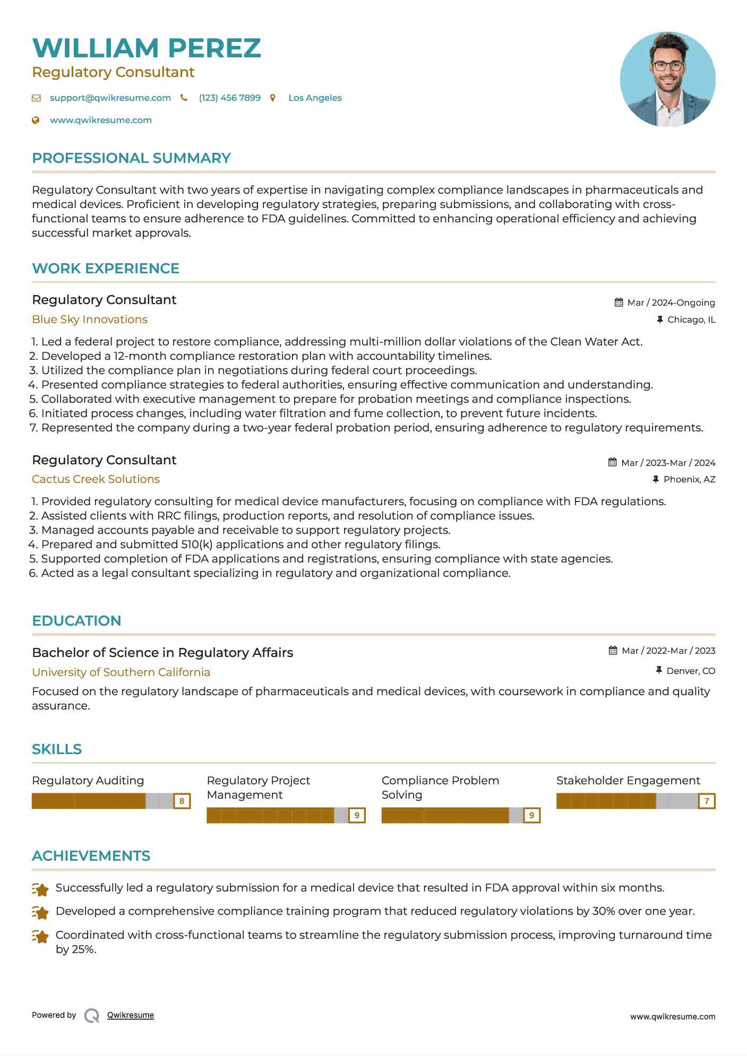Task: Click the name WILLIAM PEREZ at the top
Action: (147, 48)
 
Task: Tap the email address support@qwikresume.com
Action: (110, 98)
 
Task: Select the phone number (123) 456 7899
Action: (229, 98)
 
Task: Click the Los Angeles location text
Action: (315, 98)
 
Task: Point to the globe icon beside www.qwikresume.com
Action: (36, 120)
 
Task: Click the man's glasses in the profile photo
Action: (667, 66)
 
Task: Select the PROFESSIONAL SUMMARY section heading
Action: (131, 158)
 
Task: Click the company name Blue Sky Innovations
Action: (90, 319)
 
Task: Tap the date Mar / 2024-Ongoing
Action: (671, 302)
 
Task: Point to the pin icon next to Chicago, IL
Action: (660, 319)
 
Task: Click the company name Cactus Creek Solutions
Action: (96, 479)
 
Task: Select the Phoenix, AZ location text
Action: (689, 479)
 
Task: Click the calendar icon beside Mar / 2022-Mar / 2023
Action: (613, 651)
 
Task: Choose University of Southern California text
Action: (121, 672)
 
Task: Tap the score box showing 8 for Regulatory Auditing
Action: (182, 801)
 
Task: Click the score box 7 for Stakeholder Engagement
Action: (707, 801)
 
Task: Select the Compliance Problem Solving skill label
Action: (440, 787)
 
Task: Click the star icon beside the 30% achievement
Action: (40, 912)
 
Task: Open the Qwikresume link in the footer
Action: (131, 1015)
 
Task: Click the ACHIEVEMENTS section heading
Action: (91, 856)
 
